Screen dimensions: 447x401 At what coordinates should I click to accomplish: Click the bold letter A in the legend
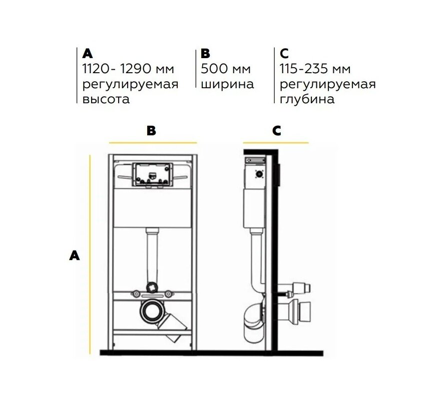coord(88,53)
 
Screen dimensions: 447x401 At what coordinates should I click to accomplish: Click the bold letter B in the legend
coord(205,53)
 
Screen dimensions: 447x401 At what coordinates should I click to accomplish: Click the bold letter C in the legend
coord(284,53)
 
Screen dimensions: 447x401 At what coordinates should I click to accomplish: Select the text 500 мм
coord(226,69)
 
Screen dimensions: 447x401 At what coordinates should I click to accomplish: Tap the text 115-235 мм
coord(315,69)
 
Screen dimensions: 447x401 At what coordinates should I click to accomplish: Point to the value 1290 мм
coord(147,69)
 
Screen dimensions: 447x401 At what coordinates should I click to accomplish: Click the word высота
coord(106,99)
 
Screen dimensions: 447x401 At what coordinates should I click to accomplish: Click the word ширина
coord(227,84)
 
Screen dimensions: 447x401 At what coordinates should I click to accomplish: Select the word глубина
coord(307,99)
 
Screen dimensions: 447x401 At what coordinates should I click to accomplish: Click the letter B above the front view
coord(151,130)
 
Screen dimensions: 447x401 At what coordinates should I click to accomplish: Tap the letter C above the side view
coord(276,130)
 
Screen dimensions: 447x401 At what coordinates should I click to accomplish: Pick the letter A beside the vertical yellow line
coord(75,256)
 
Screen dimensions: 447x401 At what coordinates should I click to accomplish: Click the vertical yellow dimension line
coord(90,255)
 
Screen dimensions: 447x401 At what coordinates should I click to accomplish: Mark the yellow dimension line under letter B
coord(153,142)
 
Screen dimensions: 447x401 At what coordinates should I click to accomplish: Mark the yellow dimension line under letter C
coord(276,142)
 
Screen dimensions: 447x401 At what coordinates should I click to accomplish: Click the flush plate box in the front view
coord(152,174)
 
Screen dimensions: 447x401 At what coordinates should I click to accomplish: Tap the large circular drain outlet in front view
coord(152,311)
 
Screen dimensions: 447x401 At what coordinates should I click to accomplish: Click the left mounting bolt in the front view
coord(136,293)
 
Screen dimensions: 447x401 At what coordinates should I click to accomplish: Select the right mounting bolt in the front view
coord(169,293)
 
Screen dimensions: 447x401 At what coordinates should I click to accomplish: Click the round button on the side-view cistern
coord(259,174)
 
